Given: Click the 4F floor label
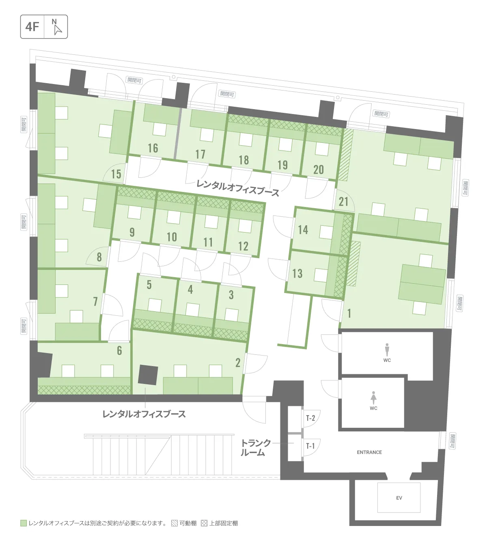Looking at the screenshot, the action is pos(32,27).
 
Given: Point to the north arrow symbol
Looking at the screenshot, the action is pos(58,29).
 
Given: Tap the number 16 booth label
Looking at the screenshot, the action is pos(153,148).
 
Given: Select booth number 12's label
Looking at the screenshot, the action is pos(243,246).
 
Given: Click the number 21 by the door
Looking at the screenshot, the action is pos(343,202).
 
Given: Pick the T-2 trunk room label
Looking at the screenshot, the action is pos(310,418).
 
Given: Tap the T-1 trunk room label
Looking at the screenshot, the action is pos(310,446).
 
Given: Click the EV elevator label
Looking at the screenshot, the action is pos(399,498).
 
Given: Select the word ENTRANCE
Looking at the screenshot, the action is pos(369,452).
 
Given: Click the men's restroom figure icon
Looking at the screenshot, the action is pos(387,349).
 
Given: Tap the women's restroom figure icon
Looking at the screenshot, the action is pos(373,397).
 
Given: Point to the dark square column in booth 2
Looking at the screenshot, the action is pos(148,375).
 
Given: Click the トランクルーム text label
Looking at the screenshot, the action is pos(255,448).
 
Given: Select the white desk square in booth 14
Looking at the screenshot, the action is pos(326,232).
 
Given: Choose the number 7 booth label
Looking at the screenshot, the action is pos(95,302).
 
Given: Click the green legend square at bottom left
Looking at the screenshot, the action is pos(24,523).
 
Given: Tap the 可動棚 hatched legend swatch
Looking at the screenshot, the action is pos(174,523).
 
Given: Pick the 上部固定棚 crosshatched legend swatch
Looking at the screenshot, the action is pos(204,523).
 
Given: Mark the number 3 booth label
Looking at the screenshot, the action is pos(231,295).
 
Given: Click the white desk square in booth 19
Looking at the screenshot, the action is pos(285,145).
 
